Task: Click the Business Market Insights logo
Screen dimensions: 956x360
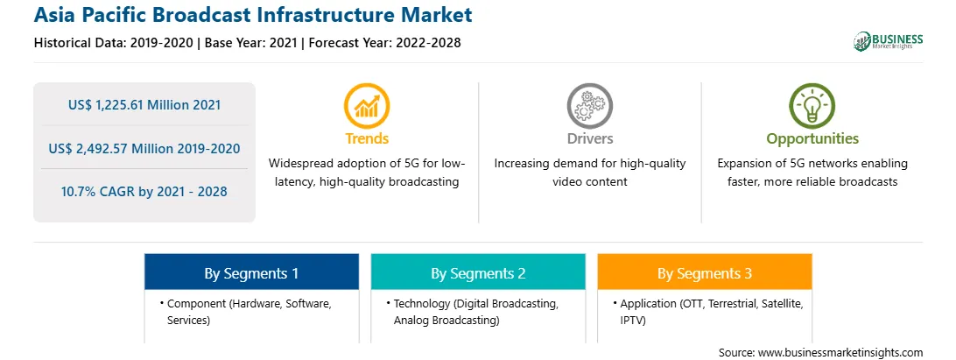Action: [889, 41]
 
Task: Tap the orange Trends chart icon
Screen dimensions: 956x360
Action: [367, 106]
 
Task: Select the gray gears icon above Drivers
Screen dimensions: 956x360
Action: [589, 106]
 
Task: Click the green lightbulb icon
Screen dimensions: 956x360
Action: [812, 106]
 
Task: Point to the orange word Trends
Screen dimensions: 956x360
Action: [367, 138]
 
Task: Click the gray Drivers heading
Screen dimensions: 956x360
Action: [590, 138]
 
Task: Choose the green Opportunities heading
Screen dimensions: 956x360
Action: [812, 139]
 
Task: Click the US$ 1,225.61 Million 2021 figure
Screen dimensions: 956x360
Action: [144, 105]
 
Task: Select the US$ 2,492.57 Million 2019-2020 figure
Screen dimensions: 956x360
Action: [144, 148]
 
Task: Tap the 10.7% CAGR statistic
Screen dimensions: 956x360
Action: [144, 192]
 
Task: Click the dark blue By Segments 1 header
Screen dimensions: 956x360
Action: [252, 272]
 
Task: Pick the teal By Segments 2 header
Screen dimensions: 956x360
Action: [478, 272]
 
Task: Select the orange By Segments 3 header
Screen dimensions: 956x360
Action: [705, 272]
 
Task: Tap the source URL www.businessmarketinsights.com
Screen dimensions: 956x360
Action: [840, 352]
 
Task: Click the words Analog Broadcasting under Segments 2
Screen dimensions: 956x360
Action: [446, 320]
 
